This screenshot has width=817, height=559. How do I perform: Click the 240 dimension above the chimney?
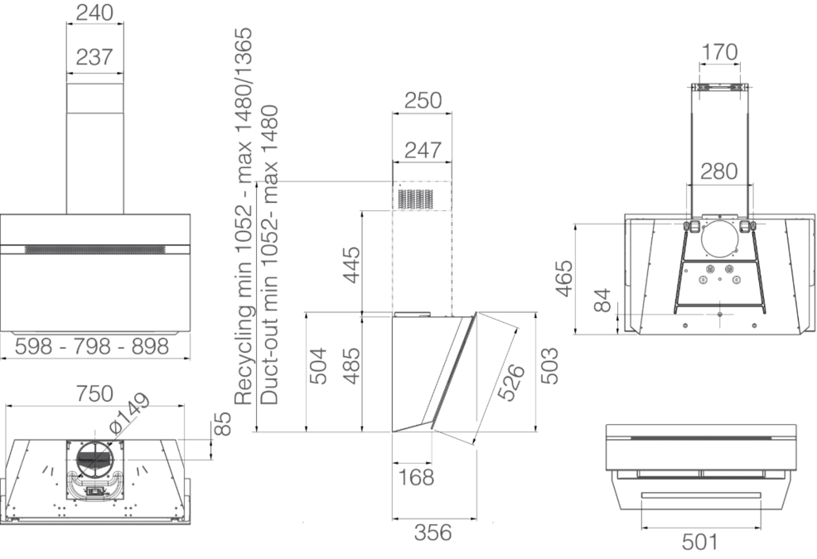[x=94, y=12]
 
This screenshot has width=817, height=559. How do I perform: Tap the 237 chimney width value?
[x=94, y=57]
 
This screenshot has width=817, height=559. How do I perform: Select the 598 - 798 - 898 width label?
[x=92, y=346]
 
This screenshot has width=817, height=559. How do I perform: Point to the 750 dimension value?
[x=94, y=394]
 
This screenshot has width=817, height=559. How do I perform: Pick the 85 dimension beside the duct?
[x=221, y=424]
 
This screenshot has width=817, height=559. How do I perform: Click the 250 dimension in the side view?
[x=423, y=100]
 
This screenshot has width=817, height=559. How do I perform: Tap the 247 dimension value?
[x=423, y=150]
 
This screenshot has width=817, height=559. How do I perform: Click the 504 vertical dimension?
[x=318, y=366]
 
